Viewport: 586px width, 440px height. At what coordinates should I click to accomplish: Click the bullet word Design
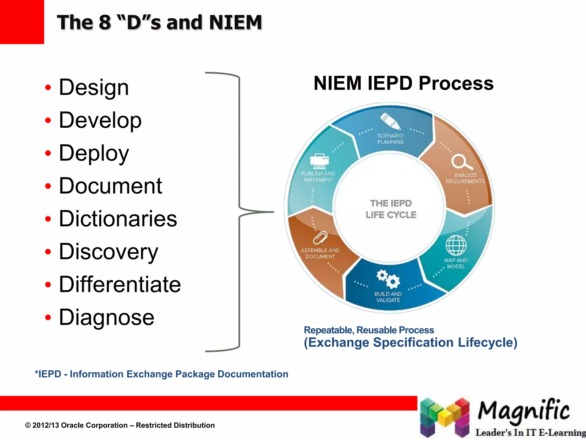click(94, 87)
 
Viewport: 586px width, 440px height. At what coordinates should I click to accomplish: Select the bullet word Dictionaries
click(118, 219)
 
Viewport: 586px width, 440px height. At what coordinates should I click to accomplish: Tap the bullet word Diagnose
click(106, 317)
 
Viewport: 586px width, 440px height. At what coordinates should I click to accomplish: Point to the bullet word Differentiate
click(120, 284)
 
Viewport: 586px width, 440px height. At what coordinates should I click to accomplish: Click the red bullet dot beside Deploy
click(48, 153)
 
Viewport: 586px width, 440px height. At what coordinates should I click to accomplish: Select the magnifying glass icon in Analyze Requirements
click(461, 162)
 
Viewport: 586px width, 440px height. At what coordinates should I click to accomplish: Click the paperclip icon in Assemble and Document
click(320, 237)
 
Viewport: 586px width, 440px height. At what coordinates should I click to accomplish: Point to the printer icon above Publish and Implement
click(319, 161)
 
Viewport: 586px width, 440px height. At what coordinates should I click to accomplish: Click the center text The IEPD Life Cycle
click(391, 209)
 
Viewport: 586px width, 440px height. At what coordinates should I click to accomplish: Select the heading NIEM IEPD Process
click(403, 83)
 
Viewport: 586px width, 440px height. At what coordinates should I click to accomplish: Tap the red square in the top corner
click(22, 22)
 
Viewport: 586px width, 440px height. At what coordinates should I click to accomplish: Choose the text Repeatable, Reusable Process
click(369, 330)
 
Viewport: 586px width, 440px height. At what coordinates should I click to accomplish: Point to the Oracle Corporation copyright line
click(120, 425)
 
